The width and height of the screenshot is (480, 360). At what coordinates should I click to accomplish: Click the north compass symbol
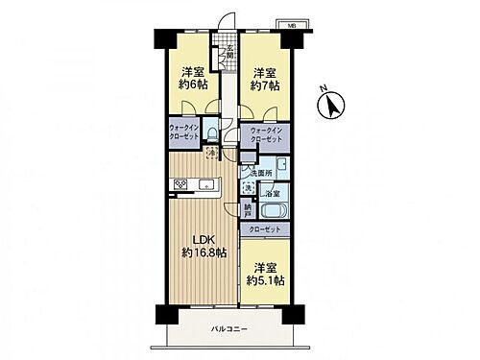[331, 105]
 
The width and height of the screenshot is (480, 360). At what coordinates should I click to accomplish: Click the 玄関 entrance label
[230, 53]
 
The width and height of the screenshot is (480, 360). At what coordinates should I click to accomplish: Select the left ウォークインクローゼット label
[184, 132]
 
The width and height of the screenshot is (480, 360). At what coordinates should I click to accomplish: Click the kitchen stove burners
[180, 183]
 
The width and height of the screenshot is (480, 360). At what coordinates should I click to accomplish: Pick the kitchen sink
[208, 183]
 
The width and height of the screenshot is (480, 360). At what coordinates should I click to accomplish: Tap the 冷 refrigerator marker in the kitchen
[211, 154]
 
